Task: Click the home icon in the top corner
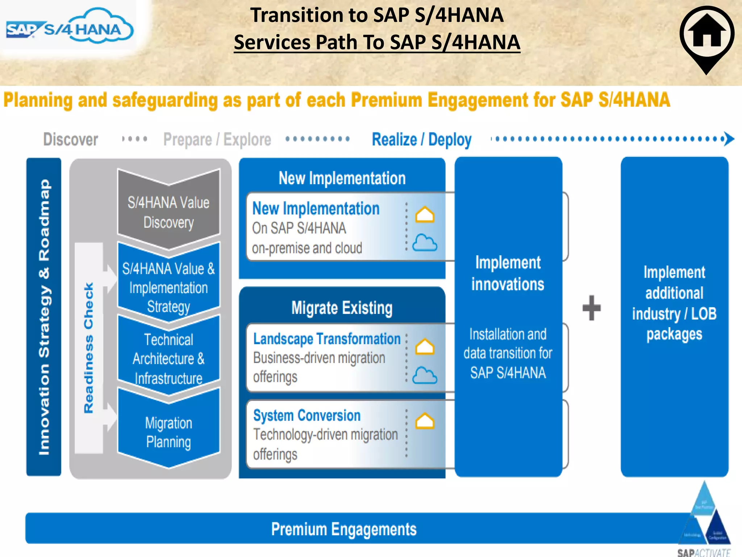pos(706,34)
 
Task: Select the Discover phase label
pos(71,140)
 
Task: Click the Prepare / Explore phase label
pos(217,140)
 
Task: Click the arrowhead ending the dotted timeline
pos(729,139)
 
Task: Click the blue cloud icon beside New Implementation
pos(425,243)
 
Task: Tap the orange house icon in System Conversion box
pos(425,421)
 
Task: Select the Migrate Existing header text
pos(342,308)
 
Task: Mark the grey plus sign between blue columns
pos(591,308)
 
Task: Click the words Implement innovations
pos(508,273)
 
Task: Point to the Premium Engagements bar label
pos(343,529)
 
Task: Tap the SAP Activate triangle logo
pos(704,519)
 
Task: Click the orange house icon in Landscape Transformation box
pos(425,347)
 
